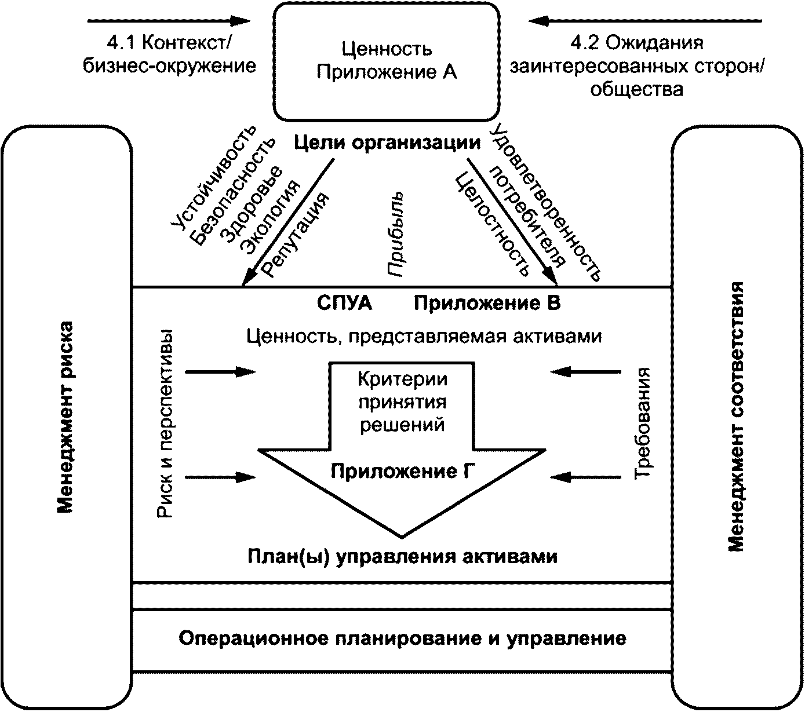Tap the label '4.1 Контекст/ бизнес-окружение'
pos(169,54)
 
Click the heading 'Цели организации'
pos(388,143)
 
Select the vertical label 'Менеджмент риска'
pos(65,417)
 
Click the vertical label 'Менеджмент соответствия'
pos(735,417)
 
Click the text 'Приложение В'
pos(487,303)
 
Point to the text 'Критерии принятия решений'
pos(402,402)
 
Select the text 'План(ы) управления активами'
pos(402,556)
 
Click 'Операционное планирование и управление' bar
pos(402,638)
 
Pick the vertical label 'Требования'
pos(643,423)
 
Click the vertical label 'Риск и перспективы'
pos(165,423)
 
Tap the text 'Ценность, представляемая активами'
pos(424,336)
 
